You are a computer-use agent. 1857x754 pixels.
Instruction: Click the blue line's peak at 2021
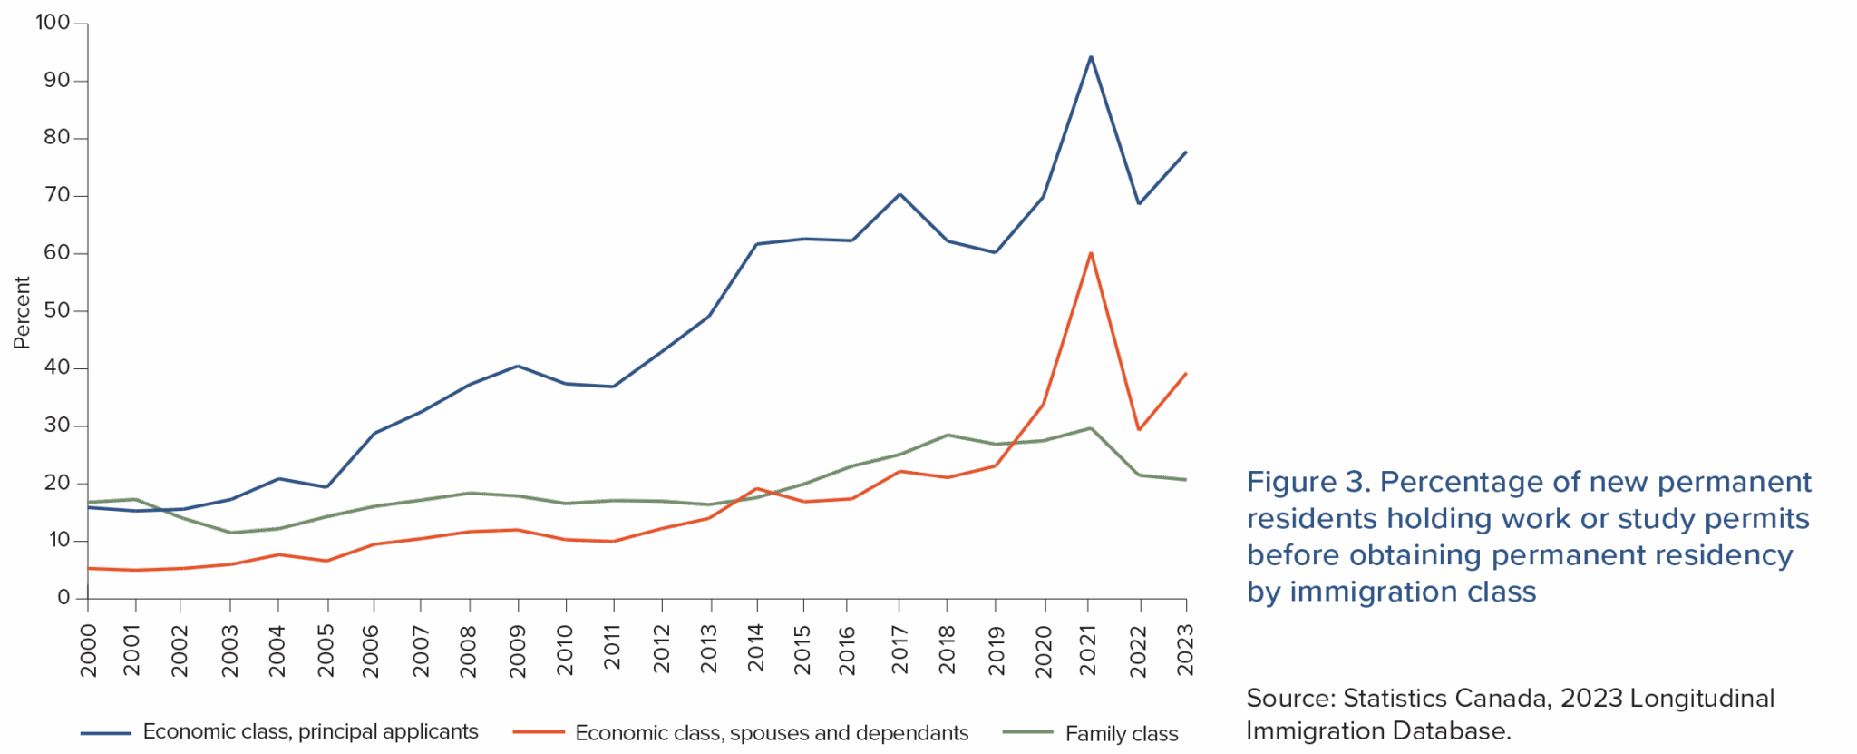[x=1090, y=57]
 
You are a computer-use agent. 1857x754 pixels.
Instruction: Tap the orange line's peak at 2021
[x=1090, y=253]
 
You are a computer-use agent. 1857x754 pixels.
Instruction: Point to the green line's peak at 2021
[x=1090, y=427]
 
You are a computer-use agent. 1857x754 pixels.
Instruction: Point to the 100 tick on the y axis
[x=53, y=23]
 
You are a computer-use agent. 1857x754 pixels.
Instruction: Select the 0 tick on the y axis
[x=63, y=598]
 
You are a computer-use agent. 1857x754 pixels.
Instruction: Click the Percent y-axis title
[x=23, y=312]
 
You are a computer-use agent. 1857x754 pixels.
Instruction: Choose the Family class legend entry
[x=1121, y=733]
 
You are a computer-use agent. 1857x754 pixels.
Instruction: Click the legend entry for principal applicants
[x=310, y=731]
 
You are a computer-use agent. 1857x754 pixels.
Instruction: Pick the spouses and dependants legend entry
[x=771, y=733]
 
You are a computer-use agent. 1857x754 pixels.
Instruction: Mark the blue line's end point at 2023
[x=1185, y=152]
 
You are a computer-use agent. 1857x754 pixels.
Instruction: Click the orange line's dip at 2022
[x=1139, y=430]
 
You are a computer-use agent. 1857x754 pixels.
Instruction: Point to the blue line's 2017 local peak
[x=899, y=193]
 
